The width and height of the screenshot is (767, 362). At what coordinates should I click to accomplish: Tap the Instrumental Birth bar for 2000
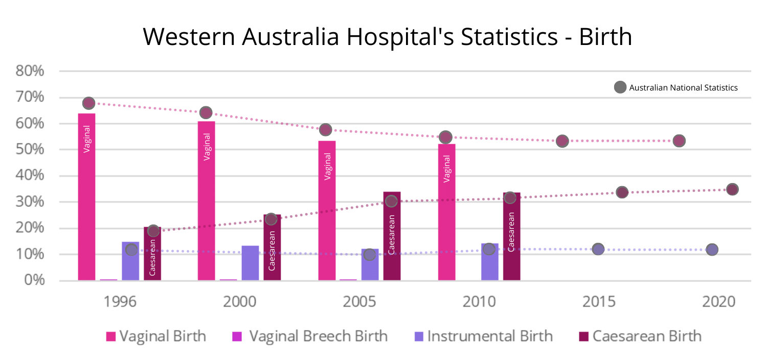(250, 263)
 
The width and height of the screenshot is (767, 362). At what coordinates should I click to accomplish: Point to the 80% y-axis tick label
(30, 71)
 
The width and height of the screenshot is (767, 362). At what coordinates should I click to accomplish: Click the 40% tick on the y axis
(30, 176)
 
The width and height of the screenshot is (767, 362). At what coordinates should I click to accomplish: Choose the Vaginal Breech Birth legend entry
(310, 336)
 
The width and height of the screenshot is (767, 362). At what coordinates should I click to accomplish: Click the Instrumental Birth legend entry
(484, 336)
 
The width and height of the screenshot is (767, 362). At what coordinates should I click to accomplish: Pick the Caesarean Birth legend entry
(640, 336)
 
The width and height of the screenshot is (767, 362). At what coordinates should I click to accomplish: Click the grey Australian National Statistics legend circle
(620, 87)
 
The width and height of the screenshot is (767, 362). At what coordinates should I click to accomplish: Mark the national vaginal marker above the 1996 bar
(88, 103)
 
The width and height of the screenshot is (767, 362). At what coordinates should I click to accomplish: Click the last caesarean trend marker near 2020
(732, 189)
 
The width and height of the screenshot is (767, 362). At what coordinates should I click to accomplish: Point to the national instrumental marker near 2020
(712, 250)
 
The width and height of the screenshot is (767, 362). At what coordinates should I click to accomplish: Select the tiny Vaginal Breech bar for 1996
(108, 279)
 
